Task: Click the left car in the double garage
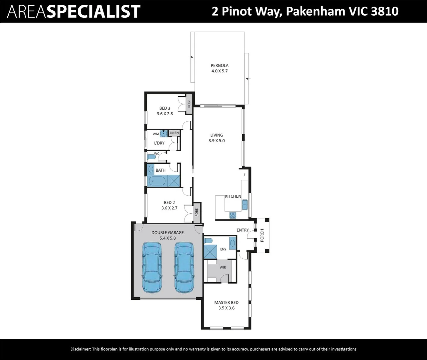click(x=152, y=268)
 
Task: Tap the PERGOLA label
click(x=220, y=65)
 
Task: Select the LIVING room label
click(x=217, y=135)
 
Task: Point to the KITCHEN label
click(x=233, y=196)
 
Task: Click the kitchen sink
click(x=245, y=204)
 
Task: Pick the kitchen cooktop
click(x=233, y=215)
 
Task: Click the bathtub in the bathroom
click(x=157, y=181)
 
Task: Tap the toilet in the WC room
click(x=152, y=157)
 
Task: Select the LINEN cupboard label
click(x=174, y=133)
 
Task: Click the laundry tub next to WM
click(x=164, y=134)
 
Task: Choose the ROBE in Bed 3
click(x=189, y=104)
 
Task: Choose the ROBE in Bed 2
click(x=197, y=212)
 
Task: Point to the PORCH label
click(x=262, y=235)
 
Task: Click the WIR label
click(x=223, y=267)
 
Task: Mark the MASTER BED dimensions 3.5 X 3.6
click(x=226, y=308)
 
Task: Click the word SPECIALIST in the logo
click(x=93, y=11)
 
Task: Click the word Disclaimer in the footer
click(x=80, y=349)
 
